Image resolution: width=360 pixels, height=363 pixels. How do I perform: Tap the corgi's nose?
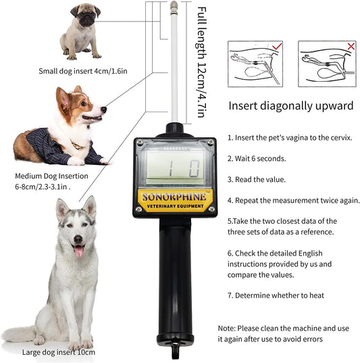point(104,110)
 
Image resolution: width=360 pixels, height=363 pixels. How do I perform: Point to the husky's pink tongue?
point(78,251)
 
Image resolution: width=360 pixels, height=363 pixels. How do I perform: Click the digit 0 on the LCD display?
point(193,168)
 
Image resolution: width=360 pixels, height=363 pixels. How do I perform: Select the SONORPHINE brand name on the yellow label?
point(174,197)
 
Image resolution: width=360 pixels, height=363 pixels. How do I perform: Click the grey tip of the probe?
point(174,5)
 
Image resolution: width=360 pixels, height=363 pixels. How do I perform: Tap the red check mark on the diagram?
point(277,46)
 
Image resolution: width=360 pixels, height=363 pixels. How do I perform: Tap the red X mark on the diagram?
point(351,46)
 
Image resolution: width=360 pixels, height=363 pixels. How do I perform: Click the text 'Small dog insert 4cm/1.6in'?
point(83,71)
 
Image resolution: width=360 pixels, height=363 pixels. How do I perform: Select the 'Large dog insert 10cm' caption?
point(59,352)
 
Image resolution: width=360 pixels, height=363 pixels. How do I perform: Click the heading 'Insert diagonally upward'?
point(291,106)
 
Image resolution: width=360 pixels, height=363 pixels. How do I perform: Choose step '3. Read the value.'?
point(257,179)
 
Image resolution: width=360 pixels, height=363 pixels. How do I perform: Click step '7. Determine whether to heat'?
point(276,295)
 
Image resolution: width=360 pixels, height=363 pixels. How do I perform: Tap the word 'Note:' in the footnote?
point(226,329)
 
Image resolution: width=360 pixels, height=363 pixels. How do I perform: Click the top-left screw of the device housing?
point(140,143)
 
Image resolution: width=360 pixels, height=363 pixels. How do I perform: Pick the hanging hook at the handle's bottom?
point(175,351)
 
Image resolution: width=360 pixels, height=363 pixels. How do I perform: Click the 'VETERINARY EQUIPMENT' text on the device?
point(175,206)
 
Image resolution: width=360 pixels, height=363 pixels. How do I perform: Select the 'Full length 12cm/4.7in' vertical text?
point(201,62)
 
